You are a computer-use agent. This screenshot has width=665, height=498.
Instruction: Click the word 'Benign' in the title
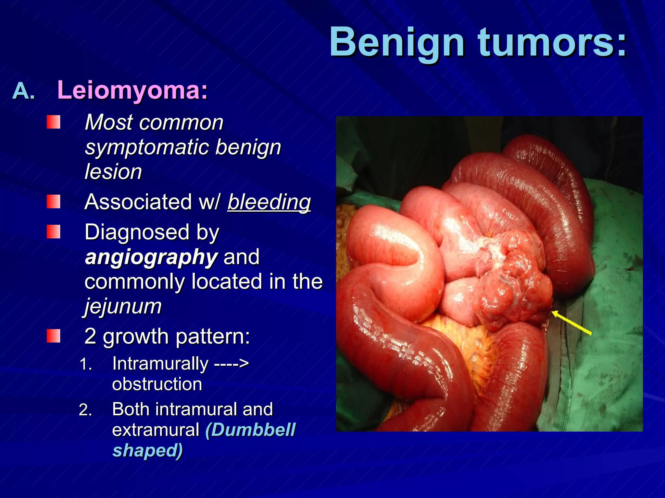click(x=397, y=43)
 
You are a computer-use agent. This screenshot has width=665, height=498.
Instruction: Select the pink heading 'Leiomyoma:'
click(x=132, y=90)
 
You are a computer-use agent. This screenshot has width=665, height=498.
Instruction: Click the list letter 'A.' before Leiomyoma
click(x=23, y=91)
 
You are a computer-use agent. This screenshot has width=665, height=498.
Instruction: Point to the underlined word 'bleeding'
click(x=269, y=202)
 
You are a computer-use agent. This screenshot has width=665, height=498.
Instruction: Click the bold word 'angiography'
click(x=151, y=257)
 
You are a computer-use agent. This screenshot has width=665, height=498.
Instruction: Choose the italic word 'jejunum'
click(x=123, y=306)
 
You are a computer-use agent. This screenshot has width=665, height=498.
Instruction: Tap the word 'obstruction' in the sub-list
click(x=157, y=384)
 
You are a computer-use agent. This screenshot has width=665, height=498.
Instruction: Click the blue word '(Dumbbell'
click(x=250, y=430)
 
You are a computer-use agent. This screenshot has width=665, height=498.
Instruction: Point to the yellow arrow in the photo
click(x=571, y=322)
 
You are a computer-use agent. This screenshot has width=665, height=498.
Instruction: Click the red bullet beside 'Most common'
click(x=53, y=122)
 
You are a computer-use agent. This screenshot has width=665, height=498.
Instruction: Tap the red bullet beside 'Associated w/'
click(x=53, y=202)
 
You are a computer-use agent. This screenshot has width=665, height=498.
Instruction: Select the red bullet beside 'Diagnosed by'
click(x=53, y=232)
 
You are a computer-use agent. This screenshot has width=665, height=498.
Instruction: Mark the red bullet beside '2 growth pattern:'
click(x=53, y=336)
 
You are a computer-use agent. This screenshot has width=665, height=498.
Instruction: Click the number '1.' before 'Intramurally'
click(x=86, y=364)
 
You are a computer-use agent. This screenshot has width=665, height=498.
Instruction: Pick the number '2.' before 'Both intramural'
click(x=86, y=410)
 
